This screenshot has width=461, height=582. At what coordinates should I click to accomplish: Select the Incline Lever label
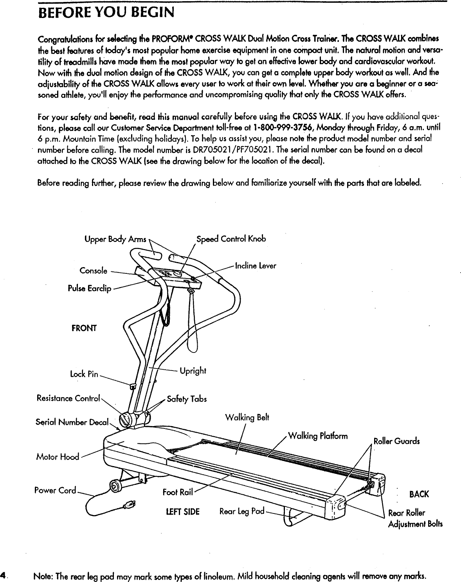click(x=256, y=266)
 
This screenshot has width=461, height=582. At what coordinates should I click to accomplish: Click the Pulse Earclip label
click(x=90, y=289)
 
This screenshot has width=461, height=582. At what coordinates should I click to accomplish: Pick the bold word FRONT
click(x=84, y=328)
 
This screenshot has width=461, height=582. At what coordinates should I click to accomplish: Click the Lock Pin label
click(x=84, y=374)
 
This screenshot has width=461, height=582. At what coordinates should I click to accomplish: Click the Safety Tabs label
click(x=187, y=399)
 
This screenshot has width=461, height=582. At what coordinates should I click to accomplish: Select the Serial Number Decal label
click(x=72, y=423)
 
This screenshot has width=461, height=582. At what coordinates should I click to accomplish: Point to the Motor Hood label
click(x=58, y=457)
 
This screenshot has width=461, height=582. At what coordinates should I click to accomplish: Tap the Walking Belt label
click(x=247, y=418)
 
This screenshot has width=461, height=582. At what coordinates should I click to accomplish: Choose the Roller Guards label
click(x=397, y=441)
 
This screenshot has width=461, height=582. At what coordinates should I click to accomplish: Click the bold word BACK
click(x=419, y=494)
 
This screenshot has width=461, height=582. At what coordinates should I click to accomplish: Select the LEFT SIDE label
click(x=183, y=512)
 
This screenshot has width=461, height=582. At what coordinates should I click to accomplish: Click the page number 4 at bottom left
click(x=3, y=576)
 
